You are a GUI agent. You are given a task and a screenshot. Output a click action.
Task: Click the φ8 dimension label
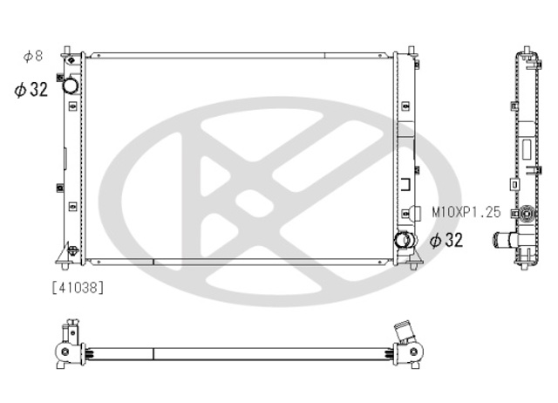(x=33, y=56)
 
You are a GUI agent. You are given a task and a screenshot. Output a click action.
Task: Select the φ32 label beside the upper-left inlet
(x=31, y=89)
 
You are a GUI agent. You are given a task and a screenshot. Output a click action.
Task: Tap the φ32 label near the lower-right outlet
(x=446, y=240)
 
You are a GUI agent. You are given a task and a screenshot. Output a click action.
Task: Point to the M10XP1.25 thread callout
(x=466, y=213)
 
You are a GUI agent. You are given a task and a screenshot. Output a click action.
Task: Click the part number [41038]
(x=78, y=287)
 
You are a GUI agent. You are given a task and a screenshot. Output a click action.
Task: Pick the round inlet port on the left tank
(x=71, y=85)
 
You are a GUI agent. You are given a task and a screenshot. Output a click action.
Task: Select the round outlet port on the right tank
(x=403, y=240)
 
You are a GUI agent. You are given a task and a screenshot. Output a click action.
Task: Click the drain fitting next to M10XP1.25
(x=415, y=213)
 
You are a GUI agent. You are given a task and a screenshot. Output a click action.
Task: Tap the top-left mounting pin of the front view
(x=66, y=51)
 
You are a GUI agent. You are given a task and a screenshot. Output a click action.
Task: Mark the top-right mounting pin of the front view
(x=412, y=51)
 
